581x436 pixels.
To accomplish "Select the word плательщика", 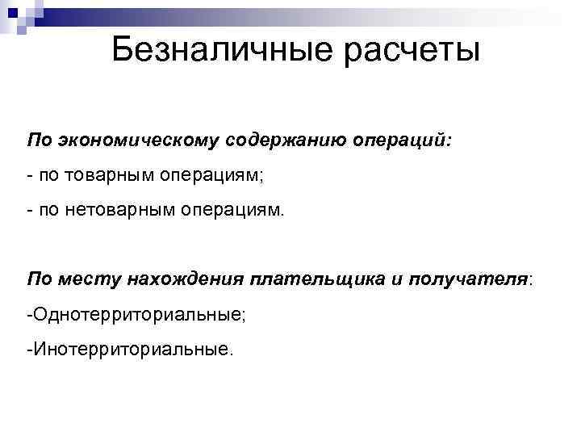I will tap(310, 279).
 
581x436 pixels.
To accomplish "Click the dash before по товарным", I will tap(29, 176).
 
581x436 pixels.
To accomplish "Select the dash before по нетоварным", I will tap(29, 212).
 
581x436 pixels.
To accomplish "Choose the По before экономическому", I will tap(39, 141).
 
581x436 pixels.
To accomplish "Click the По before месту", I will tap(39, 279).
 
